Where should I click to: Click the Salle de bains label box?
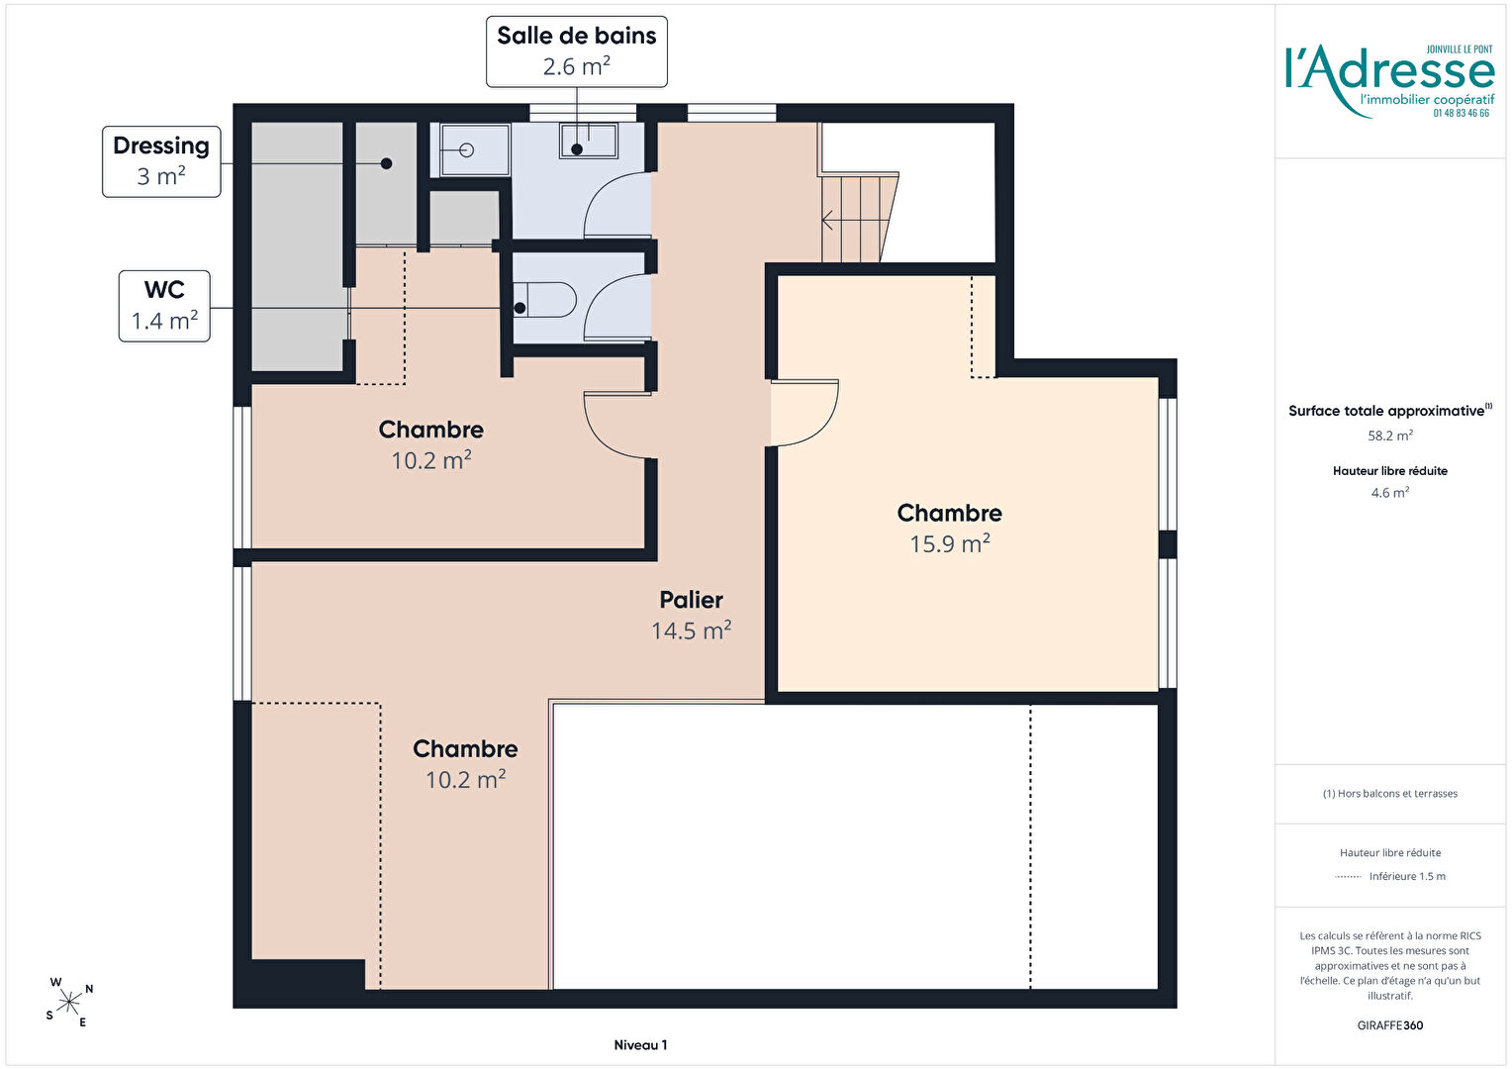pos(577,52)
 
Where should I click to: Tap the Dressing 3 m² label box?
pos(161,161)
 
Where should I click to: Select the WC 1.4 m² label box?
pos(164,306)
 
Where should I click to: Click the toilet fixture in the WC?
pos(544,300)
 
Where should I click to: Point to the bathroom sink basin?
pos(588,141)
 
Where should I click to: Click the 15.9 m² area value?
pos(950,543)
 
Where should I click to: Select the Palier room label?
pos(692,600)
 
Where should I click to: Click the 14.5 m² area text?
pos(692,631)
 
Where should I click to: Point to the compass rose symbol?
pos(69,1002)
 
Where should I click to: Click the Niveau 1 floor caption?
pos(640,1045)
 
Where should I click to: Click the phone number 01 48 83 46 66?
pos(1462,114)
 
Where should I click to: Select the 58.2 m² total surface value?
pos(1390,436)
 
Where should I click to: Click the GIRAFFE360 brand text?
pos(1390,1025)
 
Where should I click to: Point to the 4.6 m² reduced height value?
pos(1390,492)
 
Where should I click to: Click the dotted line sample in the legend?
pos(1348,877)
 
